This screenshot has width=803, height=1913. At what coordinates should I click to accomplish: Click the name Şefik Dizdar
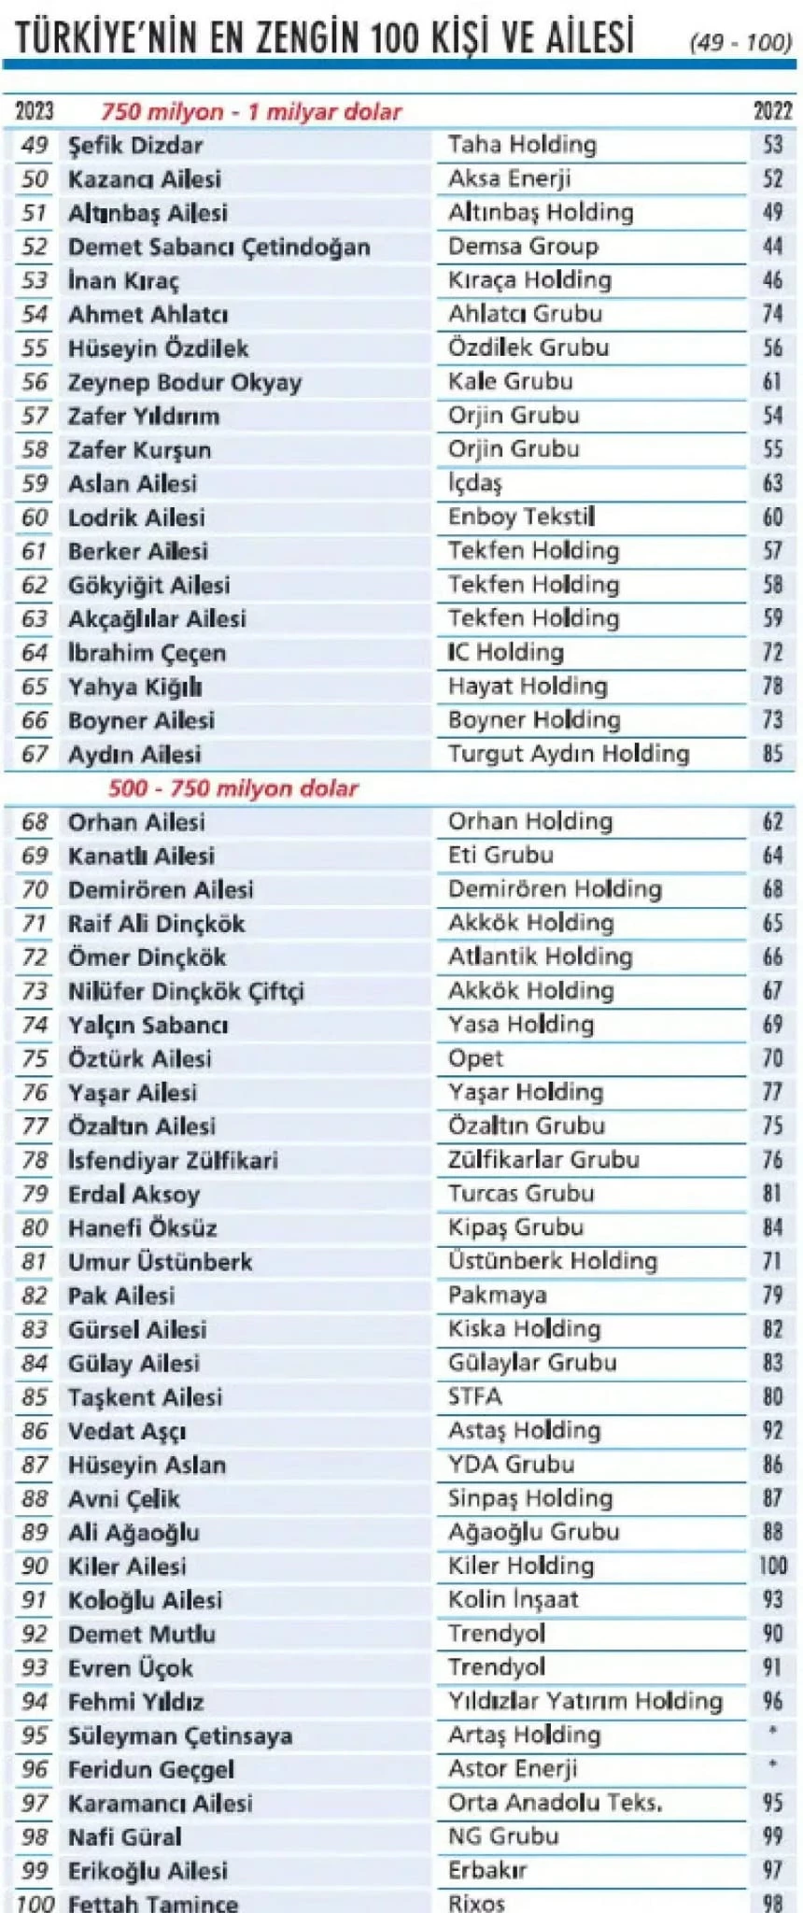(x=135, y=146)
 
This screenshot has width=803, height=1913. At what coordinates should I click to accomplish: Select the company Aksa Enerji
(x=509, y=178)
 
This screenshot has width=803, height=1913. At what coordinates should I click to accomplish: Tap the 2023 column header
(x=35, y=111)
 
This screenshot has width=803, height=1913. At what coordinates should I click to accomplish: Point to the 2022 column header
(x=772, y=111)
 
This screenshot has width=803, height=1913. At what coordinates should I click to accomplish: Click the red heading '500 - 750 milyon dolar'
(x=233, y=788)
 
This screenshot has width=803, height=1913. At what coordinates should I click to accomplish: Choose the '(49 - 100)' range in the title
(x=740, y=42)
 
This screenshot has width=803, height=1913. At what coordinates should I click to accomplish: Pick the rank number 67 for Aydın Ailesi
(x=35, y=754)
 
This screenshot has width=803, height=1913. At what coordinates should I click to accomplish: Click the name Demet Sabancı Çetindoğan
(x=218, y=248)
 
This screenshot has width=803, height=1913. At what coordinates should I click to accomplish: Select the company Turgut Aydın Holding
(x=569, y=754)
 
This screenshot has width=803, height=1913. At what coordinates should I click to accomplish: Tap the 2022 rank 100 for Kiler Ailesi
(x=773, y=1566)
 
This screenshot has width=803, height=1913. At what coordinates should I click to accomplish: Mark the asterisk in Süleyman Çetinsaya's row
(x=773, y=1731)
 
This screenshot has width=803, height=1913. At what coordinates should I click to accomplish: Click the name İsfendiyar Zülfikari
(x=173, y=1160)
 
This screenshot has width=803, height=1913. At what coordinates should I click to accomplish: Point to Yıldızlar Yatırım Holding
(x=585, y=1701)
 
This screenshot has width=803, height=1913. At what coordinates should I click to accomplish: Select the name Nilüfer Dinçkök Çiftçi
(x=186, y=991)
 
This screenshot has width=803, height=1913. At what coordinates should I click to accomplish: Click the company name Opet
(x=475, y=1058)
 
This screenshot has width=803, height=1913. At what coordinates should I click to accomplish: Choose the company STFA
(x=475, y=1396)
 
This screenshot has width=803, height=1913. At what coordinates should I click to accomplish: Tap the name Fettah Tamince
(x=153, y=1902)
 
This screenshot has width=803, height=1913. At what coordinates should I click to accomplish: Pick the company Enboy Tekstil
(x=521, y=517)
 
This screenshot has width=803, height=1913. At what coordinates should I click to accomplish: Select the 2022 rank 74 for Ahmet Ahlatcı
(x=772, y=314)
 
